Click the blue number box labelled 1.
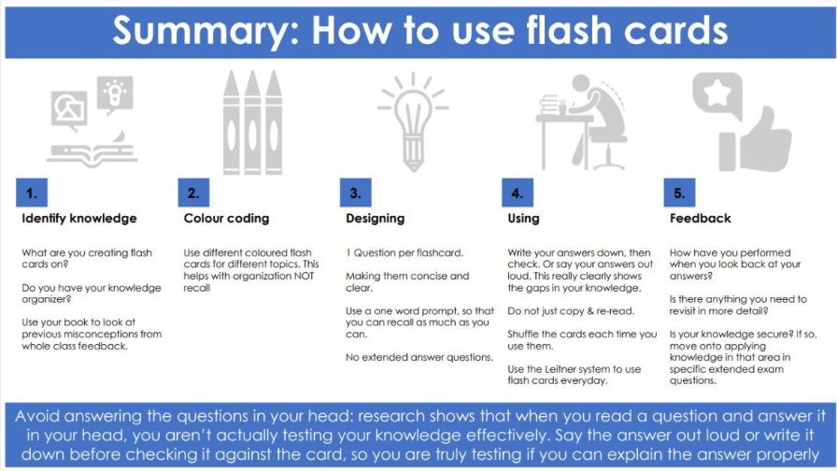click(32, 193)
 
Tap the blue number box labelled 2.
click(193, 193)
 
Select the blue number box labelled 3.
click(356, 193)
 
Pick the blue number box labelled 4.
click(518, 193)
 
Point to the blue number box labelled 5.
click(679, 193)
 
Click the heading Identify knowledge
click(79, 219)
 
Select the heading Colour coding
click(226, 219)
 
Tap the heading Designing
click(376, 219)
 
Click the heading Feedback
click(701, 219)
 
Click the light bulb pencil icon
click(413, 121)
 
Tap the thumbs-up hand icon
click(756, 139)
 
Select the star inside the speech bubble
click(716, 93)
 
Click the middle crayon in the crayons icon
click(252, 122)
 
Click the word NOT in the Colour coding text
click(305, 276)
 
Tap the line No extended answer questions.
click(419, 357)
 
